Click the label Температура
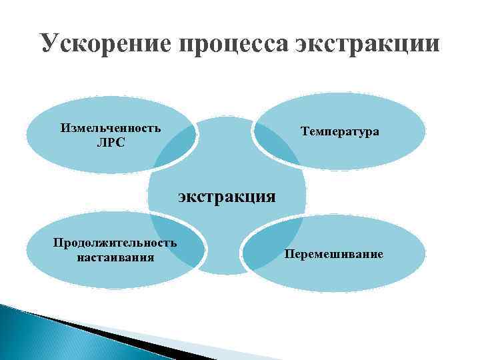click(x=339, y=131)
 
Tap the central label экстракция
click(x=226, y=196)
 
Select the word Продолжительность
click(x=115, y=242)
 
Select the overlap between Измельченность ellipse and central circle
click(x=177, y=143)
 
